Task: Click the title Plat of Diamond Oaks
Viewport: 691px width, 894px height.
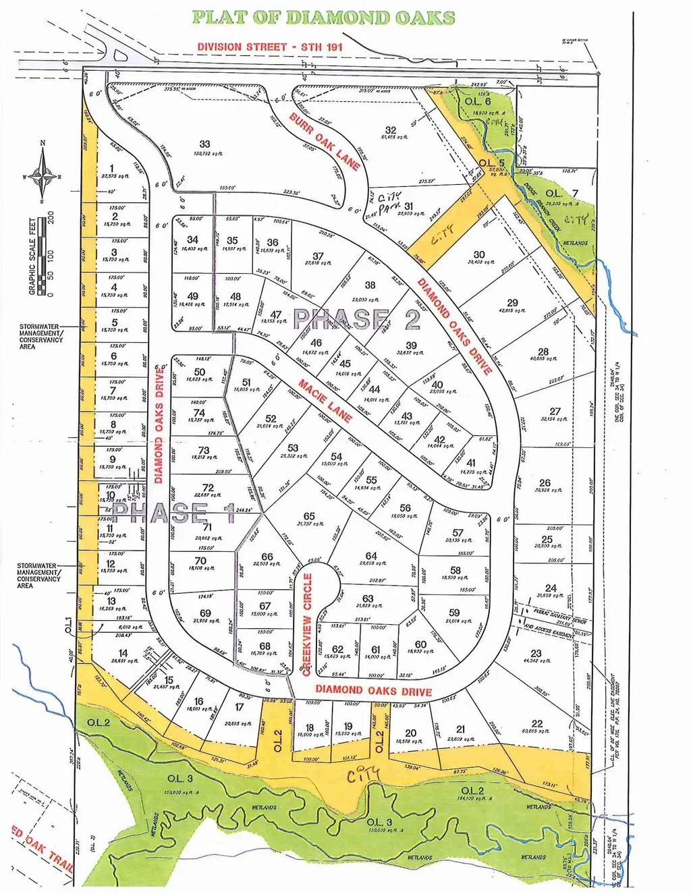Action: (x=323, y=18)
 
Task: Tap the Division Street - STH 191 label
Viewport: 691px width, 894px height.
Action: (x=270, y=47)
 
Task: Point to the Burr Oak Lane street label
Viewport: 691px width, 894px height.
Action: (x=324, y=141)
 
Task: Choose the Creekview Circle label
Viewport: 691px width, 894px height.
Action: (x=308, y=623)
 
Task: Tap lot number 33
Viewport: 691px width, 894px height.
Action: (x=204, y=144)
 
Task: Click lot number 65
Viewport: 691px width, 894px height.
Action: (x=309, y=516)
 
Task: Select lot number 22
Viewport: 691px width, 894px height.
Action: (x=536, y=723)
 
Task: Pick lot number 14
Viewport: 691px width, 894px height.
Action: (x=123, y=653)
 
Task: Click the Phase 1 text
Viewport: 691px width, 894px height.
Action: (x=173, y=513)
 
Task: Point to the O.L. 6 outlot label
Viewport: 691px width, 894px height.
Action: (x=478, y=101)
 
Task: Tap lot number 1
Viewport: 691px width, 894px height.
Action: (x=111, y=169)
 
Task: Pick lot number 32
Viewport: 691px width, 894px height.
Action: (x=391, y=130)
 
